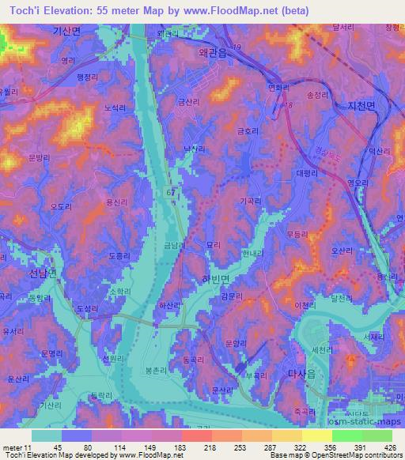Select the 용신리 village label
click(116, 203)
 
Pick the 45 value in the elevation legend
click(62, 447)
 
